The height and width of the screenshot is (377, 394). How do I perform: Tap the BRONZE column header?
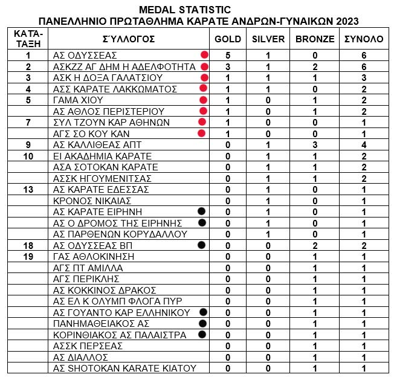point(314,39)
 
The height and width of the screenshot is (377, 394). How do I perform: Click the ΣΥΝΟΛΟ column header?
point(363,39)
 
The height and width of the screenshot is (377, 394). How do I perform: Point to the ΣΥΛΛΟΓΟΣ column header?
point(129,39)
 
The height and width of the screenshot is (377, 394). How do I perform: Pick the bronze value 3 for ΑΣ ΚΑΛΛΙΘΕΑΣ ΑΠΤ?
point(314,144)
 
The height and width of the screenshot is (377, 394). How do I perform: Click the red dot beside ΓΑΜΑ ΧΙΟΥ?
point(203,100)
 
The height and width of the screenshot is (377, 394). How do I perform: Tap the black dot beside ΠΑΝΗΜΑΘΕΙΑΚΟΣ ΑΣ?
point(202,323)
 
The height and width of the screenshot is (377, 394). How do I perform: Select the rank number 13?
point(27,190)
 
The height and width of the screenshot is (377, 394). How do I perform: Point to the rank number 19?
point(27,257)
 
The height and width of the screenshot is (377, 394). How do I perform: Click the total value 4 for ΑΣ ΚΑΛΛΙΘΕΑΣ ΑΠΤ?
point(363,144)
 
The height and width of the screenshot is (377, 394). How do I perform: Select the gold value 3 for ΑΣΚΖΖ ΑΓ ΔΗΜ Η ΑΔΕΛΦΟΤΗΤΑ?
point(228,66)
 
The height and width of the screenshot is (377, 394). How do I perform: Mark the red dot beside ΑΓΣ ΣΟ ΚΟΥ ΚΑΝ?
point(202,133)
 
